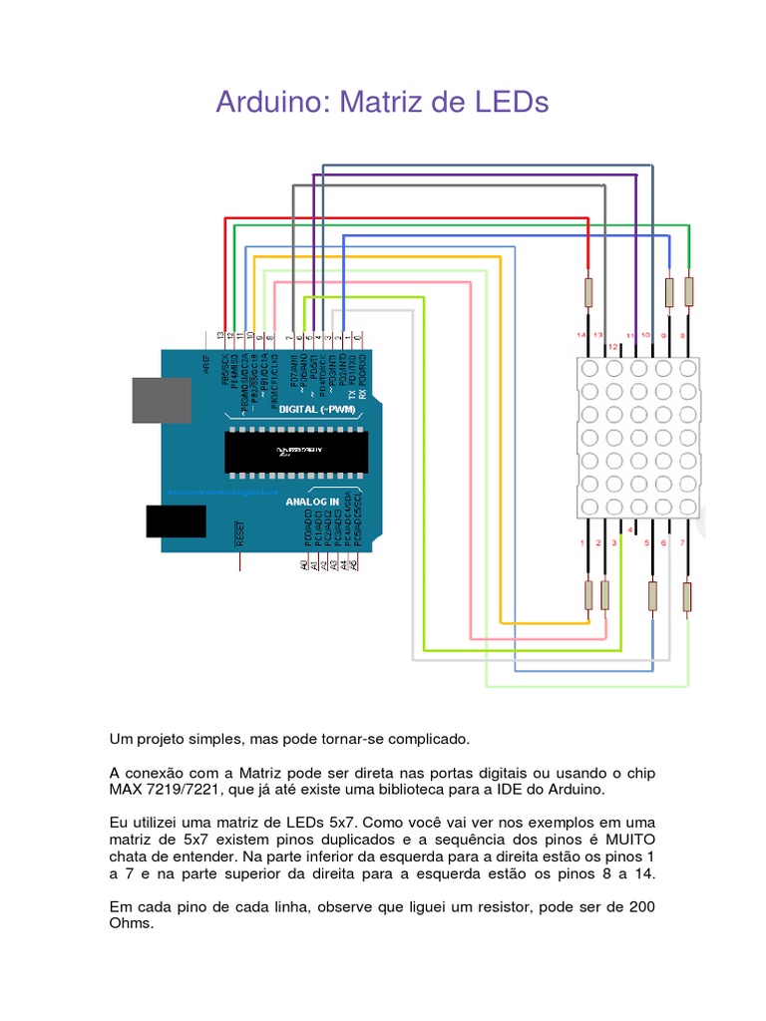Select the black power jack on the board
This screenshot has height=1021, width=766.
coord(176,520)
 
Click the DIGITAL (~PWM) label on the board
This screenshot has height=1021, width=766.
coord(318,410)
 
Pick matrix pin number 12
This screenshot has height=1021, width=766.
coord(614,347)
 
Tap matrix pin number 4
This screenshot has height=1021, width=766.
coord(630,528)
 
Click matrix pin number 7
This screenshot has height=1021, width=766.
coord(682,542)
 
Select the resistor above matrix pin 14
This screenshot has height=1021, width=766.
coord(588,293)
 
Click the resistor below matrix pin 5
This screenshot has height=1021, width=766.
coord(652,596)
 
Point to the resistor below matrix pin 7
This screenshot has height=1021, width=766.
coord(687,596)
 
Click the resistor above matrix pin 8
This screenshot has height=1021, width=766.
coord(688,292)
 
